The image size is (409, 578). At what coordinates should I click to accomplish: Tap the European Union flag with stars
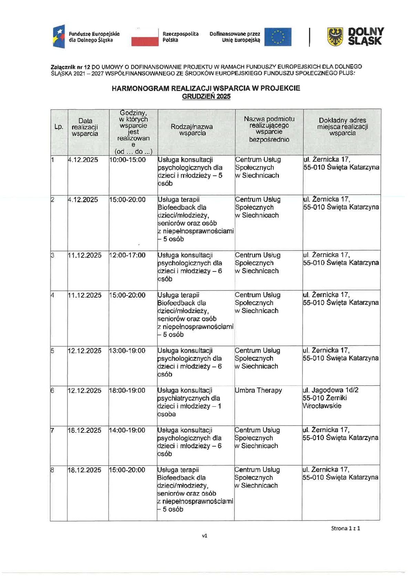[277, 37]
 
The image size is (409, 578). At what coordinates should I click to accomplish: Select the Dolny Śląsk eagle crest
[335, 37]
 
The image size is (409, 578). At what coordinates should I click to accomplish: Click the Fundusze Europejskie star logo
[59, 37]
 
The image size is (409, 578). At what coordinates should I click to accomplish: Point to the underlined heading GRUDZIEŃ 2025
[206, 97]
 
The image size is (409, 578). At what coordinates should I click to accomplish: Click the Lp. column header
[59, 127]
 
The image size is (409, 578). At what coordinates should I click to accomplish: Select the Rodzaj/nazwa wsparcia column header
[192, 130]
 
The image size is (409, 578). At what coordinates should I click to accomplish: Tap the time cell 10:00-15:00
[127, 160]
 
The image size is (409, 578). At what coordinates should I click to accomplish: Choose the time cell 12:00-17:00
[127, 255]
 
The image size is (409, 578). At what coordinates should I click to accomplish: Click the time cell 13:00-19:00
[127, 351]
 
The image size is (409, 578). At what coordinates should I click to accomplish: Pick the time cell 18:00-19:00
[127, 390]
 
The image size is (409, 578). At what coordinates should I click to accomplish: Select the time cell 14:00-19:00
[127, 430]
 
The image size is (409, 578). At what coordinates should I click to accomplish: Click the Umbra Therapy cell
[258, 390]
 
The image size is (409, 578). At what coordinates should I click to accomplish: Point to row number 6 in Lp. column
[52, 390]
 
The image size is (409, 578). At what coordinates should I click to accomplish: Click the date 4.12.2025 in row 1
[83, 160]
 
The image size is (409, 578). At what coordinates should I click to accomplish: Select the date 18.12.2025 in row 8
[84, 470]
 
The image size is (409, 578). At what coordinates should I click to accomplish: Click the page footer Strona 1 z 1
[345, 528]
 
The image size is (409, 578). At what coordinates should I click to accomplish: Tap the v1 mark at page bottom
[204, 536]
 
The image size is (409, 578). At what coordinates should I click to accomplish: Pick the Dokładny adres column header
[342, 127]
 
